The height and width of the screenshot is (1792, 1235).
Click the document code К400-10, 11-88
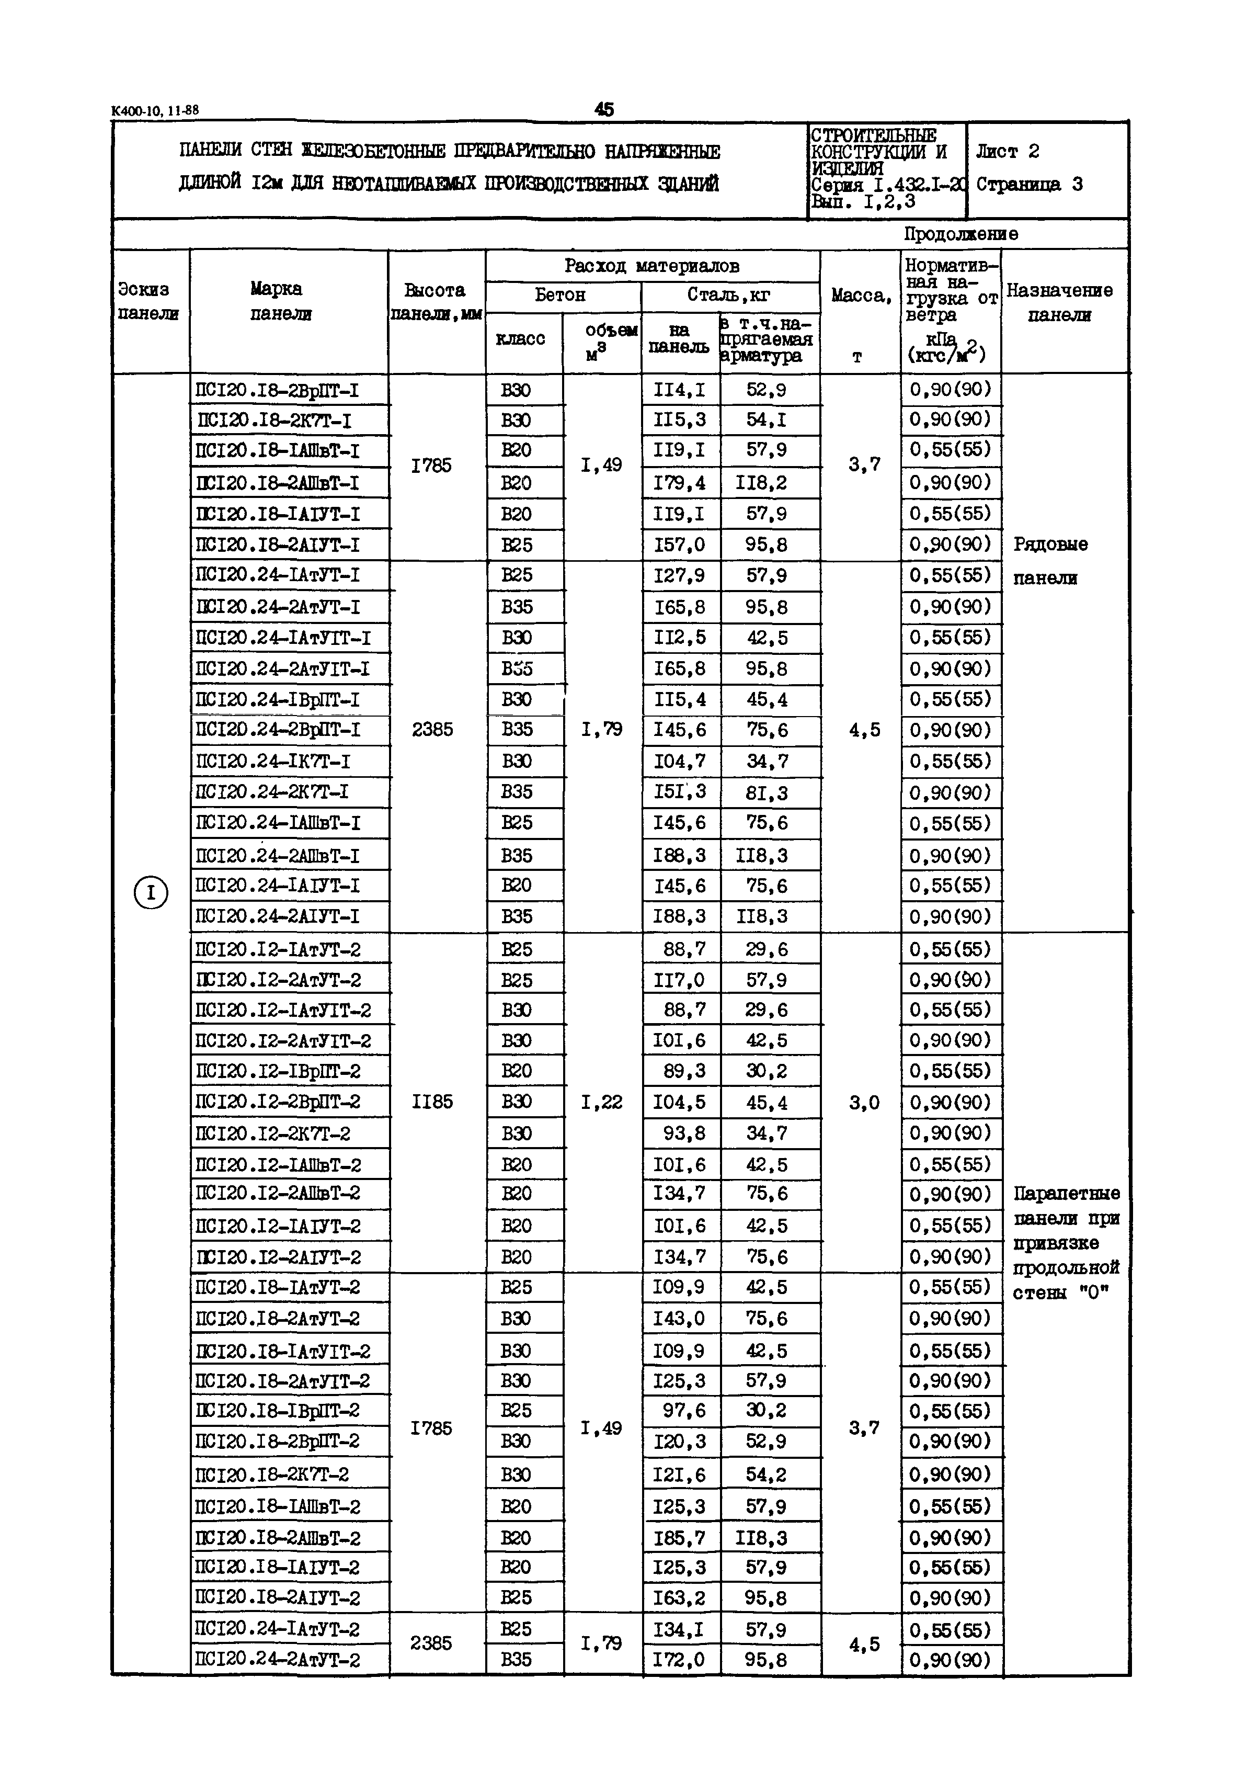point(155,111)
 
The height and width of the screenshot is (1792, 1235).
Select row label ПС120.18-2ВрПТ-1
point(277,389)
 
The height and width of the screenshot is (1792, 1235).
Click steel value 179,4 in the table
point(679,483)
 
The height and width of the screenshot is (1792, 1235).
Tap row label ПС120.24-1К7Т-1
point(272,762)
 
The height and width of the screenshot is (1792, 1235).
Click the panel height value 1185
point(432,1102)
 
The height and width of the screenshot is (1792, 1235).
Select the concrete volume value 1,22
point(601,1102)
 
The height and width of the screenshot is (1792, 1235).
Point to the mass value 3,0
point(864,1102)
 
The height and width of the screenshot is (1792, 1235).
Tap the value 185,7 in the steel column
point(679,1537)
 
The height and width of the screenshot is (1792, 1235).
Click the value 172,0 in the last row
point(679,1660)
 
